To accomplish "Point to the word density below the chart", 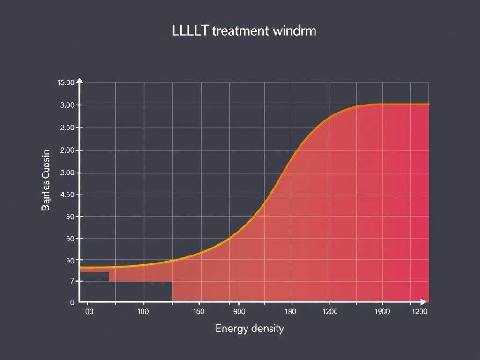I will click(268, 329).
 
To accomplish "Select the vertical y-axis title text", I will click(45, 180).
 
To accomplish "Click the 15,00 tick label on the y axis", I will click(65, 83).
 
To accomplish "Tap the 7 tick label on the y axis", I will click(72, 281).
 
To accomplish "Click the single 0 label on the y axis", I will click(72, 302).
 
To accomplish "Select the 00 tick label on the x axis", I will click(90, 311).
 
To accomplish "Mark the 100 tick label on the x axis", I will click(143, 311).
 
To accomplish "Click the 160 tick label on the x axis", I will click(199, 311).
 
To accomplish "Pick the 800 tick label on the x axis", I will click(239, 311).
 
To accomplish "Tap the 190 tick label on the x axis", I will click(290, 311).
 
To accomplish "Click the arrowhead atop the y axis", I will click(80, 81).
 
